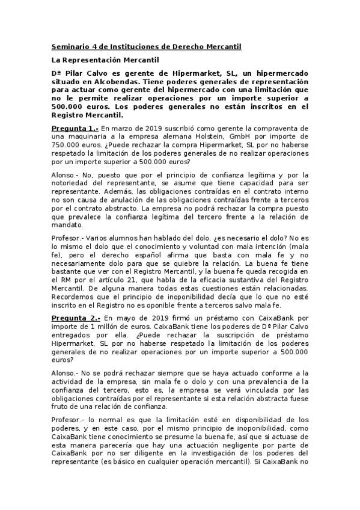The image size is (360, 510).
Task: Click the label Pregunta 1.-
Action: [74, 128]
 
